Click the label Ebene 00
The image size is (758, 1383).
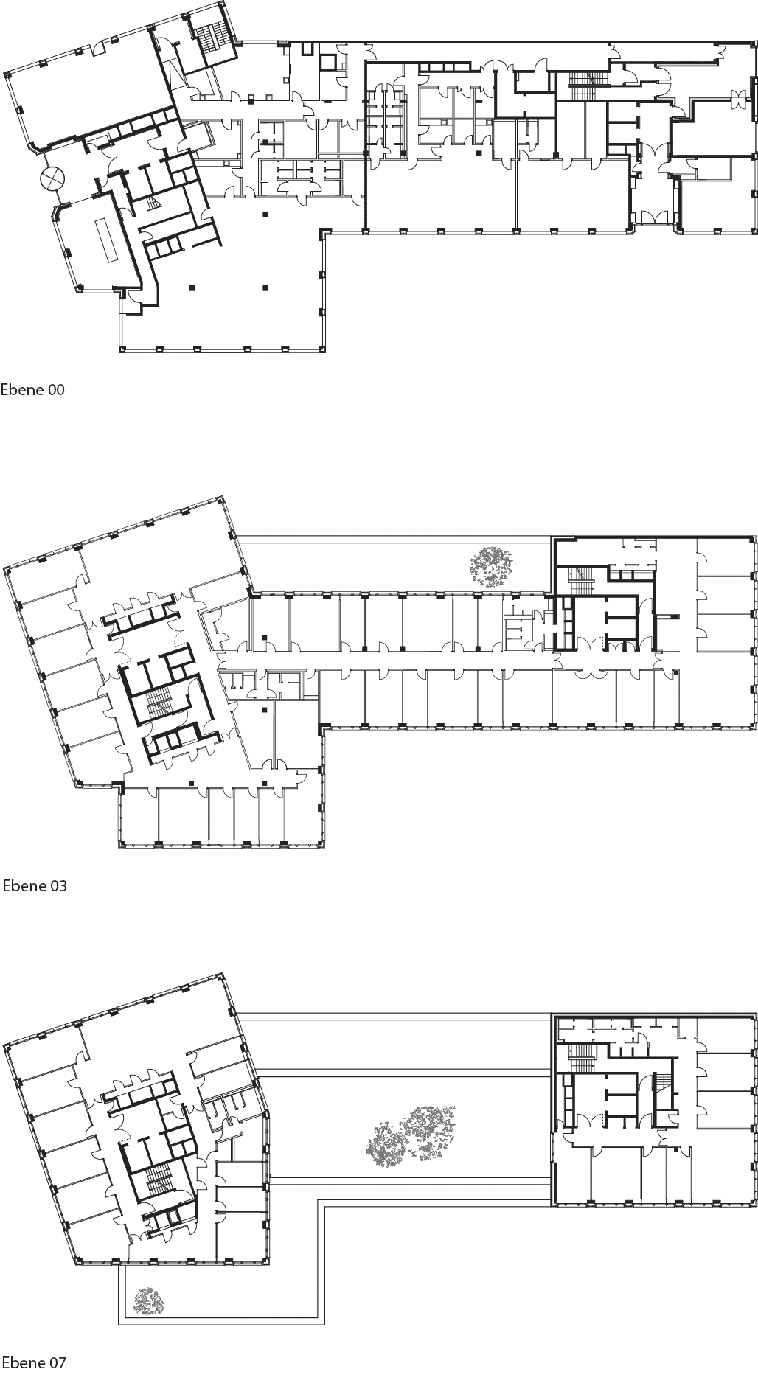(32, 390)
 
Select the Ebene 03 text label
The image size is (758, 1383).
(35, 885)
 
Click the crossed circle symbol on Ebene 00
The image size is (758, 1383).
(52, 178)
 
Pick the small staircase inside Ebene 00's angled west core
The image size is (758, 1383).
(153, 203)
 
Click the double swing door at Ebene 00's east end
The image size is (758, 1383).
(737, 95)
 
